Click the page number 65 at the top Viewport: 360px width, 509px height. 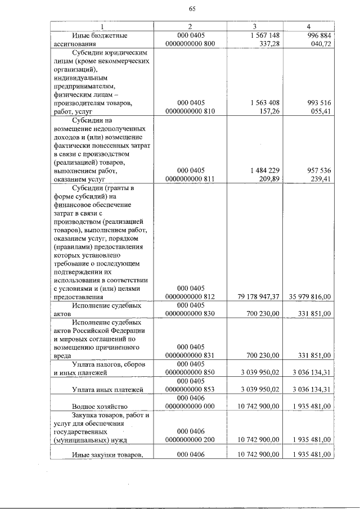click(x=192, y=8)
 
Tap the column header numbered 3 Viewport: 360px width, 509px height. click(x=254, y=26)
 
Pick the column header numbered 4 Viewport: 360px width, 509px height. click(x=308, y=26)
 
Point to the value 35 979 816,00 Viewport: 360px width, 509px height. click(x=309, y=296)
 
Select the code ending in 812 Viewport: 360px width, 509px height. click(x=190, y=296)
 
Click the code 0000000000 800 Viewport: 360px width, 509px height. click(x=190, y=43)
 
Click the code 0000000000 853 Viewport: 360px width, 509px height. click(x=190, y=389)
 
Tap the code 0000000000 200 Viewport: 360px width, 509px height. click(x=190, y=439)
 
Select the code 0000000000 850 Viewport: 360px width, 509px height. click(x=190, y=372)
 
